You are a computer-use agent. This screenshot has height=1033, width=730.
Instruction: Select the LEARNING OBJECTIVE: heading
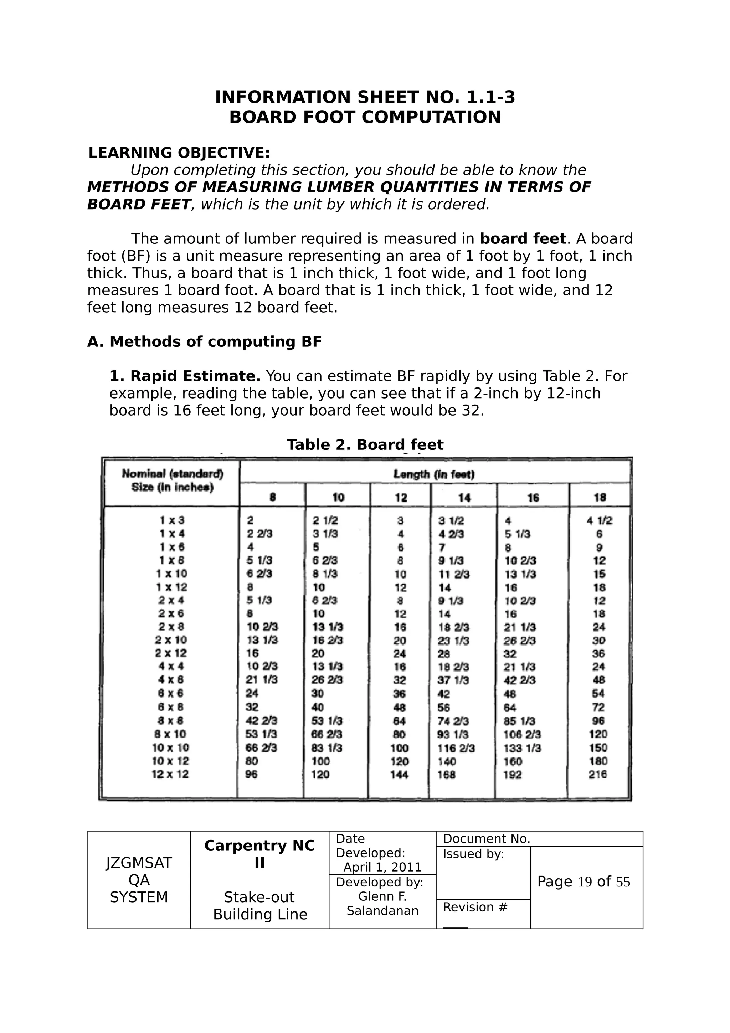179,153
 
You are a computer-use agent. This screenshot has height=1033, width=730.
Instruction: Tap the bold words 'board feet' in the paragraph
523,238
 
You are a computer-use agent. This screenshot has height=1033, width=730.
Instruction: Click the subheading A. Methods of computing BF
204,342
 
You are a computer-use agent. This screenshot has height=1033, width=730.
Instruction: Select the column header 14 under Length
464,497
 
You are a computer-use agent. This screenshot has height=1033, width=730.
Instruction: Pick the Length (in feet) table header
434,474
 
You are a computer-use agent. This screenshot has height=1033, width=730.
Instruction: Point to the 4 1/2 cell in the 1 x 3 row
599,520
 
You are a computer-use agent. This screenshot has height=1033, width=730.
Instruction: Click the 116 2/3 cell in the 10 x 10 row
456,748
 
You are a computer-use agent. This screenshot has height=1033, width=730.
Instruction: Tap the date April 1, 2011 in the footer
382,868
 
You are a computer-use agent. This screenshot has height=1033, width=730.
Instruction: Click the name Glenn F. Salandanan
382,903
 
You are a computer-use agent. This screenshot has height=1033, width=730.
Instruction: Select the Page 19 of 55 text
584,882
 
